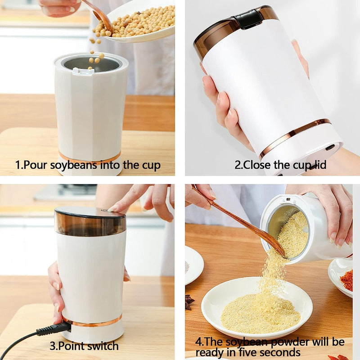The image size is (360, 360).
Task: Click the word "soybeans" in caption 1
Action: click(x=74, y=165)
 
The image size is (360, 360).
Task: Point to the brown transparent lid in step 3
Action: click(x=90, y=221)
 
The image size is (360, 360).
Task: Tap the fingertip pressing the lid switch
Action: click(x=112, y=209)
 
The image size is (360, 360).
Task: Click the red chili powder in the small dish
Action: click(x=347, y=279)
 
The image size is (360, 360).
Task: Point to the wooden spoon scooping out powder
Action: click(x=239, y=221)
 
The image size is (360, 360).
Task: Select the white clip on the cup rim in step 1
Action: click(x=83, y=71)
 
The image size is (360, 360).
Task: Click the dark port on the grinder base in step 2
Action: click(x=330, y=147)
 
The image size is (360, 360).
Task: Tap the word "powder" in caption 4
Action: click(x=290, y=342)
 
